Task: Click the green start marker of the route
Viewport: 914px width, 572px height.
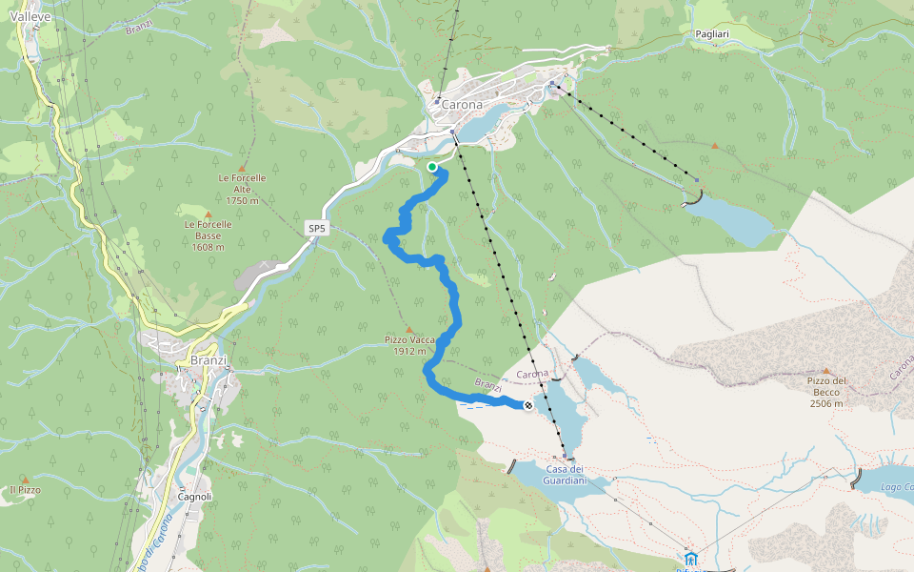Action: coord(432,167)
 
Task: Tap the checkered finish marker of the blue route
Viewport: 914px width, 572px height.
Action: coord(528,405)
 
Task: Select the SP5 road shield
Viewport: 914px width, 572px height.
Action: coord(317,229)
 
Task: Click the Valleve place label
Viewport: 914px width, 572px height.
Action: coord(30,16)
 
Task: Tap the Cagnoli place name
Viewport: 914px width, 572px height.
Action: coord(194,497)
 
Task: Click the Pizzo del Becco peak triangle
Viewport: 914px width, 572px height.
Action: coord(826,370)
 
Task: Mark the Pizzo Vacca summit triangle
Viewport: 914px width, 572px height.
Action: coord(409,329)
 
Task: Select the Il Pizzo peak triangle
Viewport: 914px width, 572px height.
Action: coord(26,480)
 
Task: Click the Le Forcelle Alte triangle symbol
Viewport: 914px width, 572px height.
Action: coord(242,167)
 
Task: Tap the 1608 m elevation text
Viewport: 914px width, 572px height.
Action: coord(209,247)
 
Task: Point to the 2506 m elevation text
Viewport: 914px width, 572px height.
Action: coord(826,403)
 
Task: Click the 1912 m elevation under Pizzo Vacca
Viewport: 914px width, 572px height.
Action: coord(409,351)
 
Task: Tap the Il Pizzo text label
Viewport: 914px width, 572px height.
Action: coord(25,490)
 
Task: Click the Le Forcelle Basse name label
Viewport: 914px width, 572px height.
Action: coord(209,230)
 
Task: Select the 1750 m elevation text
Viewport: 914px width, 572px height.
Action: coord(242,201)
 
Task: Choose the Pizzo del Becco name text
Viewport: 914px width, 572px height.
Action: coord(826,387)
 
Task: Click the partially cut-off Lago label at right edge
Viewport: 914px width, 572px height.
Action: coord(897,488)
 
